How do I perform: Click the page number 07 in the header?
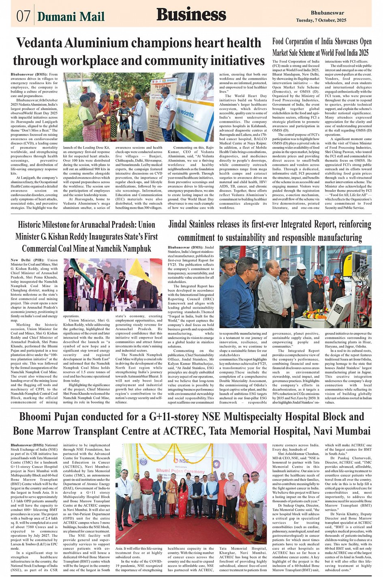[x=23, y=16]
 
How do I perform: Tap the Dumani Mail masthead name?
[x=71, y=17]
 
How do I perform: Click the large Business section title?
[x=191, y=15]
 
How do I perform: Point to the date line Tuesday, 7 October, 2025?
[x=321, y=20]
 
